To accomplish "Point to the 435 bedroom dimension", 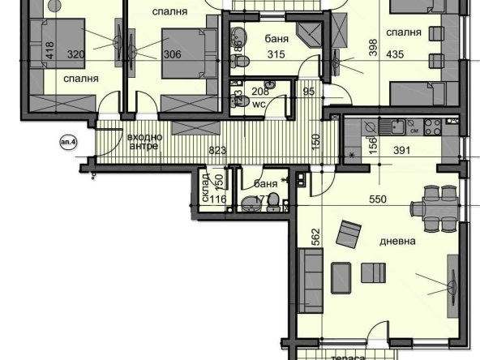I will tap(418, 54).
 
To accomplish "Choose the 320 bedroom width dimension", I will tap(76, 54).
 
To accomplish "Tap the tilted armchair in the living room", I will tap(349, 234).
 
